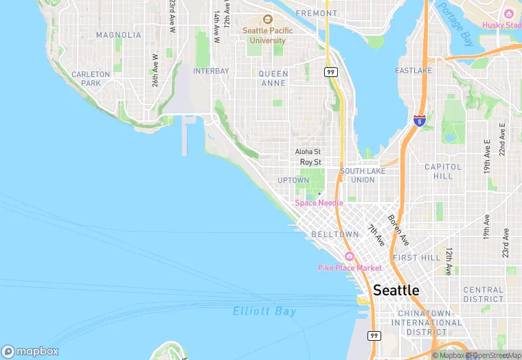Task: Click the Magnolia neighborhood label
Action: point(119,35)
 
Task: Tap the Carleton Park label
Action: point(91,78)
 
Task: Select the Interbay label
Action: point(211,71)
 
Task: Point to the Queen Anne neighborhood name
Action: point(273,78)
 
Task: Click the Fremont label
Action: point(316,13)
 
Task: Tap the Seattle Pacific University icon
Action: point(267,20)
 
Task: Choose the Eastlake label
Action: point(414,71)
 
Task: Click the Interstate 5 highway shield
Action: point(418,121)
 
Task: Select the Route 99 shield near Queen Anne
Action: point(331,71)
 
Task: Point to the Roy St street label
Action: point(310,162)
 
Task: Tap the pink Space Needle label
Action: point(319,203)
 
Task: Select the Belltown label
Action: point(335,234)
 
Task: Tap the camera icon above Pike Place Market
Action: point(349,256)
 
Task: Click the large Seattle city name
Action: point(396,291)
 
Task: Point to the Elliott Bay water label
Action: point(264,311)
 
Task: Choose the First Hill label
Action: point(416,258)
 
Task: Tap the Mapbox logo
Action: point(30,351)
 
